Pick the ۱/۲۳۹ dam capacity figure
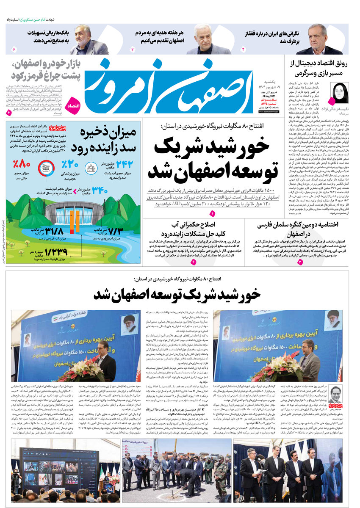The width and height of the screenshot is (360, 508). click(53, 253)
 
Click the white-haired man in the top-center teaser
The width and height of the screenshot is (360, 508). click(203, 40)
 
